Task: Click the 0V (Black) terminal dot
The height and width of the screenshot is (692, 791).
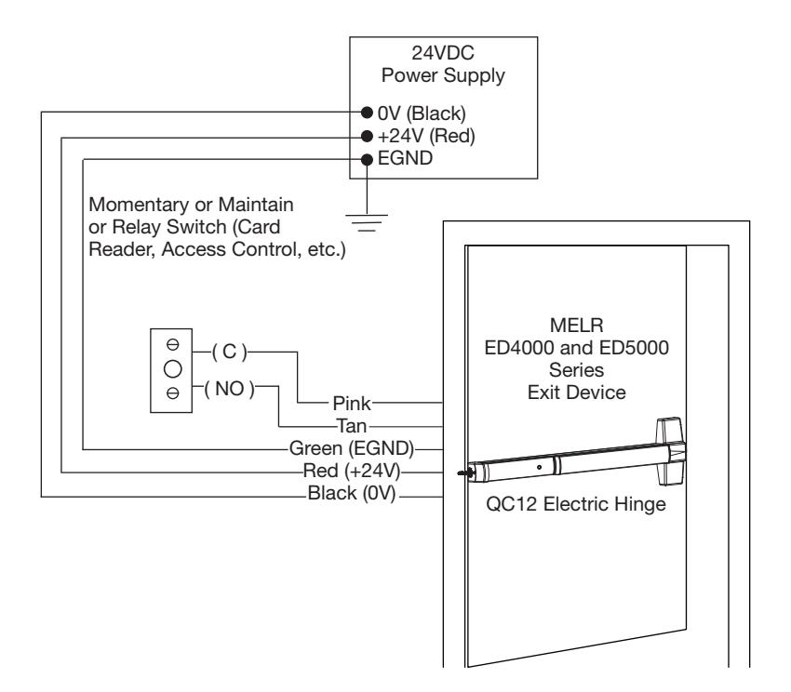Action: click(x=367, y=112)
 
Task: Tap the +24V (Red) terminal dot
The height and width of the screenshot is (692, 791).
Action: click(x=367, y=136)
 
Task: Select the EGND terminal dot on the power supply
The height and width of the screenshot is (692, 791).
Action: click(x=367, y=160)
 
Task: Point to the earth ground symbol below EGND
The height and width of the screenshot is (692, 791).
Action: click(x=367, y=222)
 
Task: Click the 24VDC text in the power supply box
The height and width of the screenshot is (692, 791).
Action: click(x=443, y=52)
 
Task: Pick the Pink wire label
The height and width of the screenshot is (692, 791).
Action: click(x=352, y=404)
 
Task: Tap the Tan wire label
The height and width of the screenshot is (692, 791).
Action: click(x=352, y=426)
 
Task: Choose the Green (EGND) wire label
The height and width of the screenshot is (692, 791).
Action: click(x=352, y=448)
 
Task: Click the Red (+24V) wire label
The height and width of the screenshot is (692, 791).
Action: click(x=352, y=471)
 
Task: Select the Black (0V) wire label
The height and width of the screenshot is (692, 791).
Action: click(x=352, y=493)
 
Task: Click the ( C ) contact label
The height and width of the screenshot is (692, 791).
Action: click(x=230, y=352)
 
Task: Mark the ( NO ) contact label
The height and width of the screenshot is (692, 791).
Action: click(x=230, y=389)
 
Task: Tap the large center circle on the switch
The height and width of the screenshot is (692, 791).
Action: click(x=172, y=369)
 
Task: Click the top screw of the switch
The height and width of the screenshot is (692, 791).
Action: click(x=172, y=344)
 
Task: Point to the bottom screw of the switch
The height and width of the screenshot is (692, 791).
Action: click(x=172, y=393)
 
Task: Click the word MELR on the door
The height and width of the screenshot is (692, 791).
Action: click(x=577, y=326)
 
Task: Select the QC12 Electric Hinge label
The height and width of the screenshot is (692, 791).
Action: click(x=576, y=504)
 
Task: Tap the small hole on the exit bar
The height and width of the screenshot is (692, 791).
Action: click(x=539, y=468)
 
